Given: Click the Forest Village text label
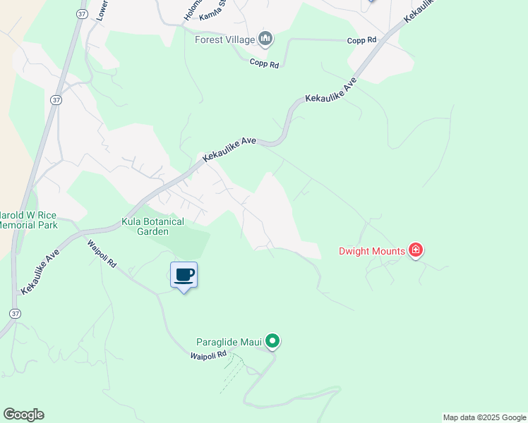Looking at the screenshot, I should (x=225, y=39).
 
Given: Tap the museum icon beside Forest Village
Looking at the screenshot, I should (x=265, y=38).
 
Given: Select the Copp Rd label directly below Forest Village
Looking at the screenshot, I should (x=265, y=64).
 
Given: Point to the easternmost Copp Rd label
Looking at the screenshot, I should (x=361, y=40).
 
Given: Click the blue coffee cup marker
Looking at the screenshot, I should (x=184, y=275).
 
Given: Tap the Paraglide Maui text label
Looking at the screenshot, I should (x=229, y=343).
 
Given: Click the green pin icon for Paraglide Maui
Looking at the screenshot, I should (x=273, y=343).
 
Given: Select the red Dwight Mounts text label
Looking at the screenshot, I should (x=372, y=251).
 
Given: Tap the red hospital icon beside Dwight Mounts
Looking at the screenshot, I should (x=416, y=250).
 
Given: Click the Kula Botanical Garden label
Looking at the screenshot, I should (x=153, y=226).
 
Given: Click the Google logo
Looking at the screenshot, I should (x=23, y=415).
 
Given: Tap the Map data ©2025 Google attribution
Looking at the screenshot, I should (x=484, y=417).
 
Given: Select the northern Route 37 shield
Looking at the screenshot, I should (x=56, y=100).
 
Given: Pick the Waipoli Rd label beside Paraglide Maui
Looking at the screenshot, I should (x=208, y=356).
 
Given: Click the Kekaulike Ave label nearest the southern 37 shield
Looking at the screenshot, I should (x=39, y=271).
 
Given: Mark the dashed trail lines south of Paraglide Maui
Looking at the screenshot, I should (x=233, y=370).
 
